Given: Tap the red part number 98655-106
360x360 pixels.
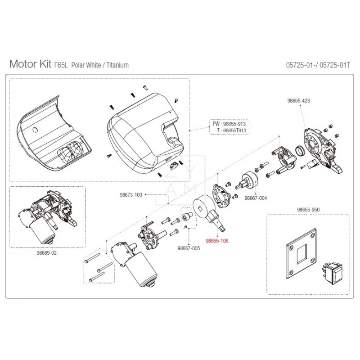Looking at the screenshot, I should (x=217, y=241).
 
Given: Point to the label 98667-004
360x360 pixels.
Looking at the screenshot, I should (x=256, y=198).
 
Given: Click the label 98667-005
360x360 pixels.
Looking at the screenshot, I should (x=189, y=248).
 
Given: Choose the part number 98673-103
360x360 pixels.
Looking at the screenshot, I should (x=131, y=195).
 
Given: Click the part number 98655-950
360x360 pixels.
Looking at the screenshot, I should (x=308, y=210).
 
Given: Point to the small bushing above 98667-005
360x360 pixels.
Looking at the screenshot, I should (x=187, y=216).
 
